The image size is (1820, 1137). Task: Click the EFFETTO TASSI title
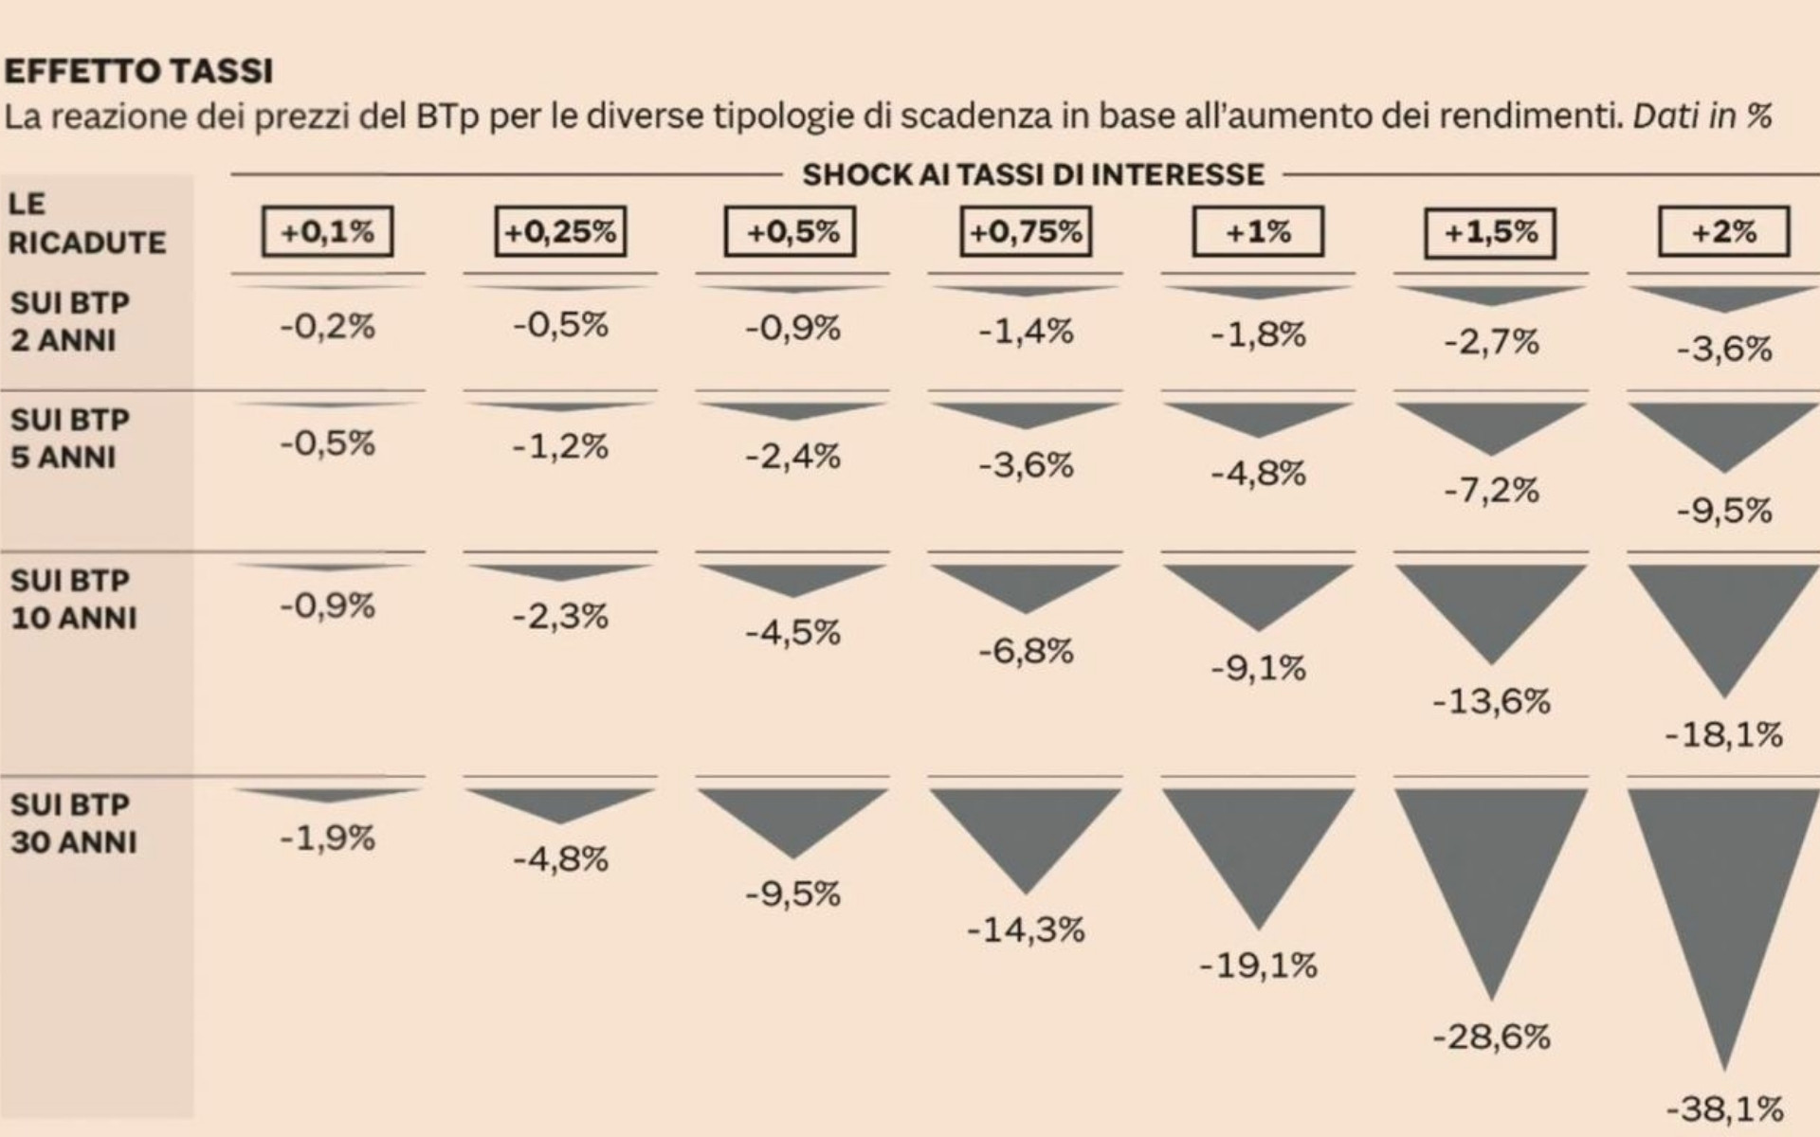[x=139, y=71]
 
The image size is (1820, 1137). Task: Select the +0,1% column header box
[x=328, y=232]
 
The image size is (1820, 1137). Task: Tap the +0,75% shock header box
[x=1026, y=232]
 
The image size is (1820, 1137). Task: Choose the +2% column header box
[x=1723, y=232]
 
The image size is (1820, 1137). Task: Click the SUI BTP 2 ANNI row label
[x=69, y=321]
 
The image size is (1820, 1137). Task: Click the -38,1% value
[x=1723, y=1108]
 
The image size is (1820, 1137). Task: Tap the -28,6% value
[x=1491, y=1037]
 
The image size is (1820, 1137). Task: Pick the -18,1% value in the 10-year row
[x=1723, y=734]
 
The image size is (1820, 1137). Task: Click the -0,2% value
[x=328, y=327]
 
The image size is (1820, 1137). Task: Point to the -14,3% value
[x=1026, y=929]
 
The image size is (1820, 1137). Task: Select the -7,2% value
[x=1491, y=491]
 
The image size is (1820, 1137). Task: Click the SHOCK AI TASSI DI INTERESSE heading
[x=1033, y=174]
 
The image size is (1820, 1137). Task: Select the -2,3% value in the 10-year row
[x=560, y=617]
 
